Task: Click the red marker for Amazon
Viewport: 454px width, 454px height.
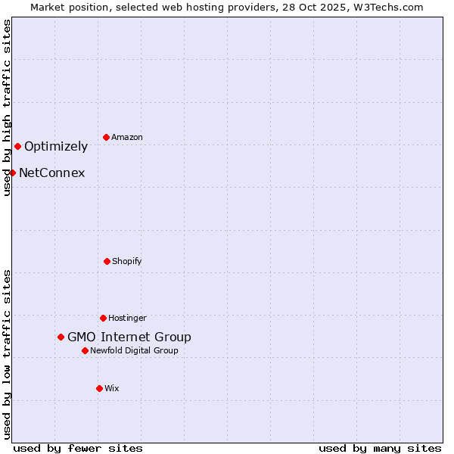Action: pos(106,137)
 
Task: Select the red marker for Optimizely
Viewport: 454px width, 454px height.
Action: pos(17,146)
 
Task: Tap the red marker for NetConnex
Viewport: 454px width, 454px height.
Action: pos(12,173)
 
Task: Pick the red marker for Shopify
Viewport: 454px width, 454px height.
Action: pos(107,261)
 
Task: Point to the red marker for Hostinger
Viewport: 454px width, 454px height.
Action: pos(103,318)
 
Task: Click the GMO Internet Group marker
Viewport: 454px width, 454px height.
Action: pos(61,337)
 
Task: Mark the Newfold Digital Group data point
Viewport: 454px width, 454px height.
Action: pos(85,350)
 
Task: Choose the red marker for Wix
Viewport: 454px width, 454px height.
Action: pos(99,388)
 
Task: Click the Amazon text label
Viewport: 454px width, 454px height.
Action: pos(127,137)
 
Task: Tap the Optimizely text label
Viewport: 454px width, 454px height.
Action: pos(56,146)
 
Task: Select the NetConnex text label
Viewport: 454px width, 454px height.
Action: pos(51,173)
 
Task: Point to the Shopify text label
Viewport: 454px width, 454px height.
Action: pos(127,261)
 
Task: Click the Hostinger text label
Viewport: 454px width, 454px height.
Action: pos(127,318)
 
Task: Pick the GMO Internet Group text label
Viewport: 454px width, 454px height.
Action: pos(129,337)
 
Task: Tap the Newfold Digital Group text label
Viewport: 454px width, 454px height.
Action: pos(135,350)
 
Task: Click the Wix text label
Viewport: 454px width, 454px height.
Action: pos(112,388)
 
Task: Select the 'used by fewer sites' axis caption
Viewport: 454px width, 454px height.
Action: pos(78,448)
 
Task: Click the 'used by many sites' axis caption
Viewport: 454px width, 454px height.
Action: pos(380,448)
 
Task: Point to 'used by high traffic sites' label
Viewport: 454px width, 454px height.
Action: pos(7,107)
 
